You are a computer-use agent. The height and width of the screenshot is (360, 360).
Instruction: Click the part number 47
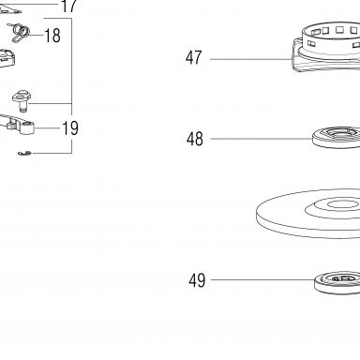point(194,58)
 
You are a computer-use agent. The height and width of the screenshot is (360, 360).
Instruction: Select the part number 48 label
point(195,139)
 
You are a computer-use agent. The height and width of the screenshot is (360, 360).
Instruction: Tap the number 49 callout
point(197,280)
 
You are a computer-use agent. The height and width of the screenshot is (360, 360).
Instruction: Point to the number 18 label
point(52,36)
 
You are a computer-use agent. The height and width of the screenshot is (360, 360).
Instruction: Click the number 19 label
point(70,128)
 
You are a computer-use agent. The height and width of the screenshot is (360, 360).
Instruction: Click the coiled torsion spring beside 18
point(21,33)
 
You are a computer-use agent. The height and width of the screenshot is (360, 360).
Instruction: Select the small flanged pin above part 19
point(21,100)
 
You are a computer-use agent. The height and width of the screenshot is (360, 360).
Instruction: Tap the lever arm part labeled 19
point(17,125)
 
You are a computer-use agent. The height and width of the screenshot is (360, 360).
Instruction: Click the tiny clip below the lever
point(24,153)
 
